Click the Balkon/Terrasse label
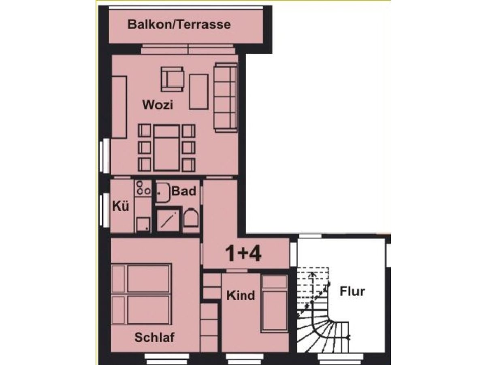pos(179,24)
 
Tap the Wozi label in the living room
pos(158,105)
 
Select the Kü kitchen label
pos(121,207)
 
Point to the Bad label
pos(184,191)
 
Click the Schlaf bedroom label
pos(155,337)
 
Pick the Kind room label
pos(241,295)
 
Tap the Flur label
pos(352,291)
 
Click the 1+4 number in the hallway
pos(243,254)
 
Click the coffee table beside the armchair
pos(198,92)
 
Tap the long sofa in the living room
pos(226,97)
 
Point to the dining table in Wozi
pos(166,148)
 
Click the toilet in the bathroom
pos(191,218)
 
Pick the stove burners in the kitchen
pos(143,188)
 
